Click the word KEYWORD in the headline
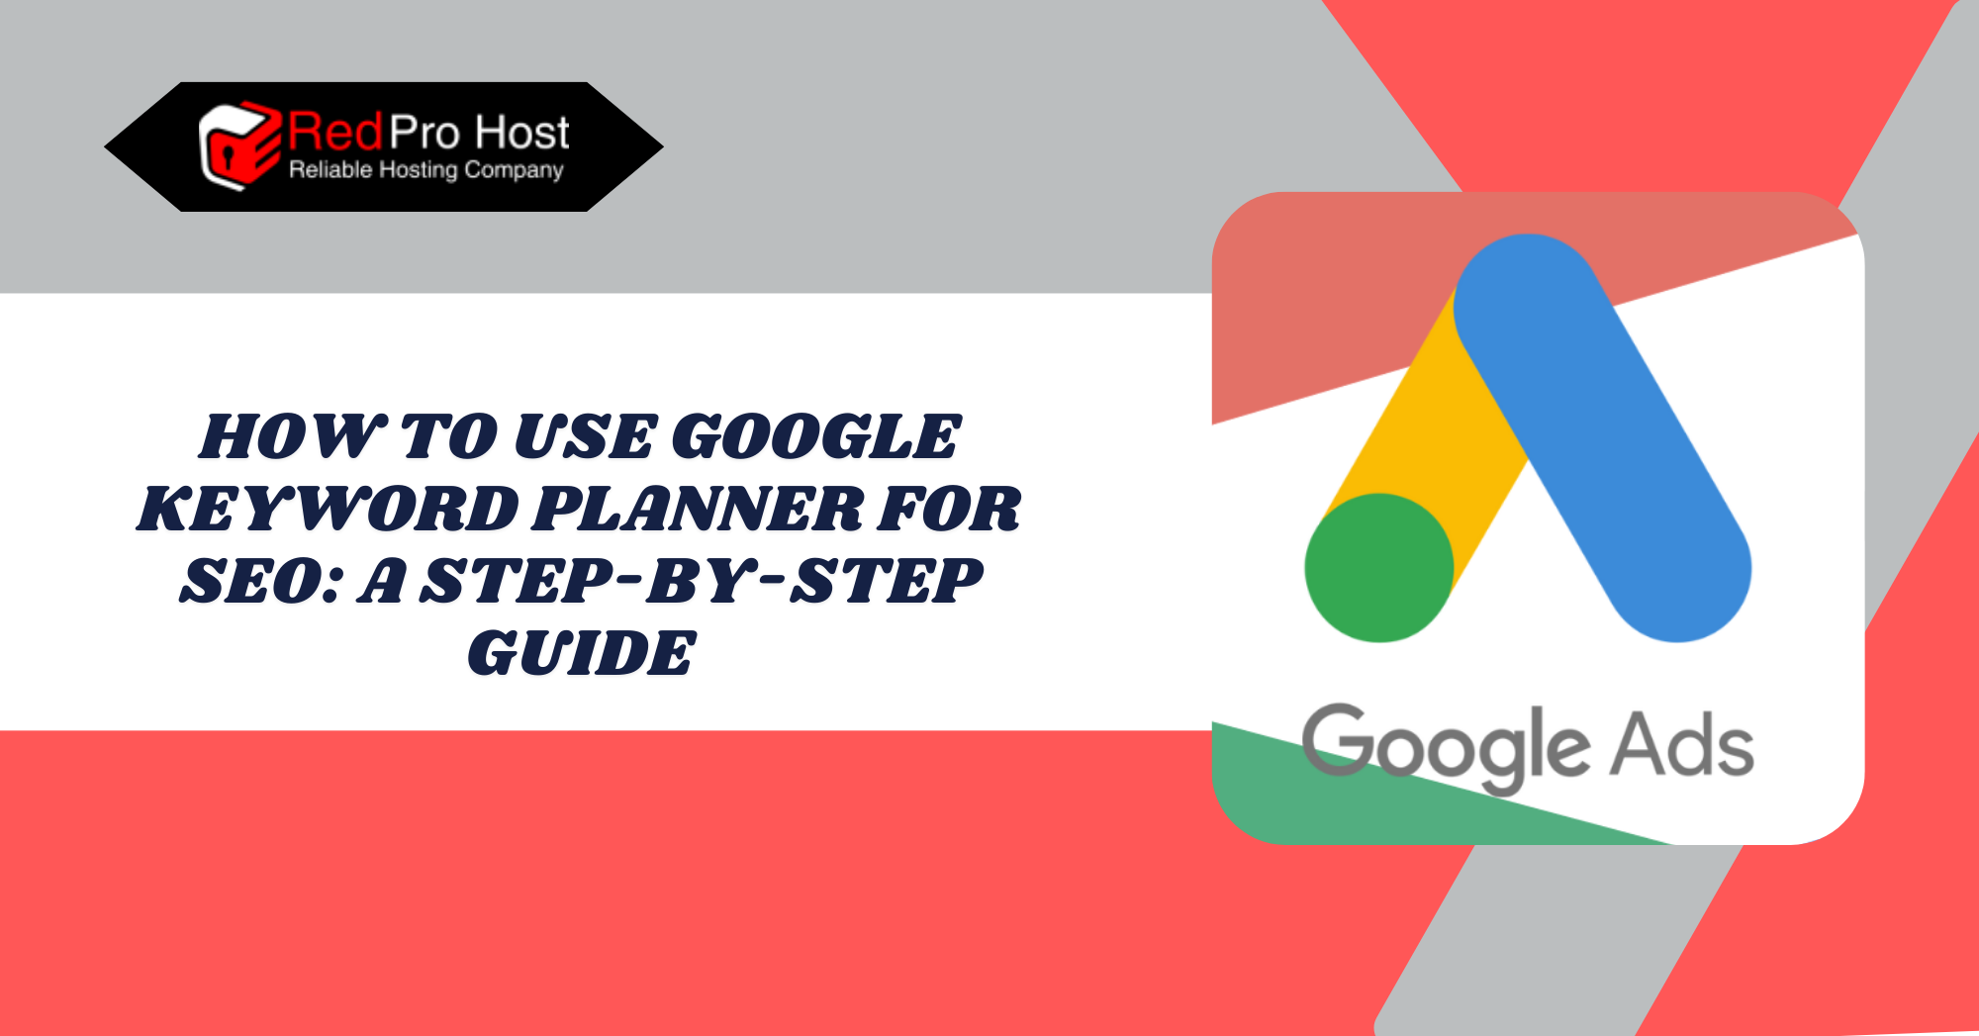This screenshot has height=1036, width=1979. tap(328, 509)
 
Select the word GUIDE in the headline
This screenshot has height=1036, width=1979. tap(582, 653)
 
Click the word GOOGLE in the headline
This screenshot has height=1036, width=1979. tap(816, 436)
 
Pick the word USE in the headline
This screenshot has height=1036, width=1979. tap(585, 436)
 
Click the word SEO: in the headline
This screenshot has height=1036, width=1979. tap(261, 581)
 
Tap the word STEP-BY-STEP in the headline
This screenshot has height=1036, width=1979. tap(703, 581)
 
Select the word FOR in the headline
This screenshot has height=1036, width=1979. tap(949, 509)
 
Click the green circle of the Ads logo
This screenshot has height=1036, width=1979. tap(1378, 568)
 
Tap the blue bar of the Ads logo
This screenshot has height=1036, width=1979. tap(1602, 437)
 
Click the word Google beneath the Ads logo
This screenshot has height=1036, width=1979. tap(1445, 748)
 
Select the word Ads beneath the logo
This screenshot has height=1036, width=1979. tap(1682, 744)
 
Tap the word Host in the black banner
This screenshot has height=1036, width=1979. tap(521, 132)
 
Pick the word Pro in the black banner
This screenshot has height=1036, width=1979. tap(424, 132)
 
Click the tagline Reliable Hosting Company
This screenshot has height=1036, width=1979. tap(426, 170)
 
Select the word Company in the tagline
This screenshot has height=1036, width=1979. tap(514, 170)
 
